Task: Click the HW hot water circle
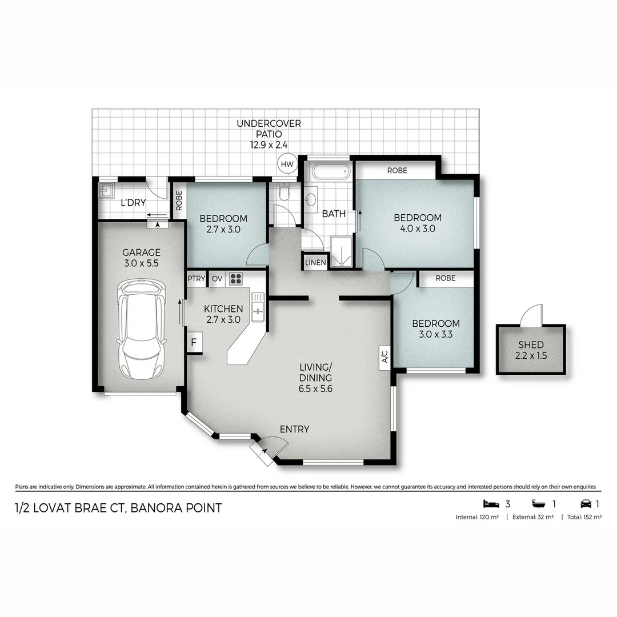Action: (287, 165)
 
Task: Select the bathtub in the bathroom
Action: (328, 171)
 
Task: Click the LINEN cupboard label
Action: (315, 262)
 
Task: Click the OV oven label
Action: (217, 279)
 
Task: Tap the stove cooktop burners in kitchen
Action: (235, 279)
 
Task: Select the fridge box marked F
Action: (194, 343)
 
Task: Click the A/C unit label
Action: (384, 357)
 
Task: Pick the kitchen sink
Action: (258, 306)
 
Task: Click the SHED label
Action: (531, 344)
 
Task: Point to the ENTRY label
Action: (294, 429)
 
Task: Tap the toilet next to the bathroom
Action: (285, 192)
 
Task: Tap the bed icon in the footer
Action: (491, 503)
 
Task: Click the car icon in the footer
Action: (586, 503)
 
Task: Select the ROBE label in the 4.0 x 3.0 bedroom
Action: (396, 170)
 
